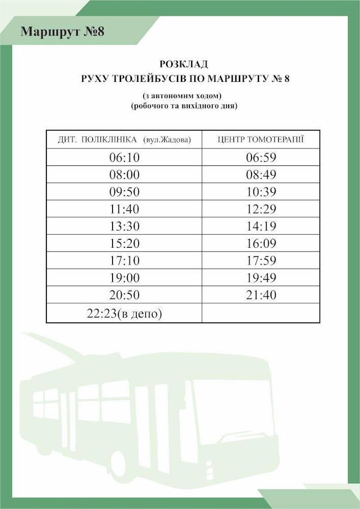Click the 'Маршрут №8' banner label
click(x=63, y=31)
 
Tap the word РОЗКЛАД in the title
click(x=184, y=64)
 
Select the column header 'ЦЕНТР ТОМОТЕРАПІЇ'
click(x=261, y=139)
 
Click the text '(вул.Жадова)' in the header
click(x=167, y=140)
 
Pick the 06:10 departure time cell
click(x=125, y=157)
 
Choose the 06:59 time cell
click(x=261, y=157)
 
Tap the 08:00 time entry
click(x=125, y=174)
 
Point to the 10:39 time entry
click(x=261, y=192)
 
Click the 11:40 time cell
click(x=125, y=209)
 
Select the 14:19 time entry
click(x=261, y=226)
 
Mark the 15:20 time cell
click(x=125, y=244)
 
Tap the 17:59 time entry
click(x=261, y=261)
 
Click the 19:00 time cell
click(x=125, y=278)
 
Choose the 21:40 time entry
click(x=261, y=295)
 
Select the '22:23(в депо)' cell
click(x=124, y=313)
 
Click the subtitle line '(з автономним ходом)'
click(x=184, y=96)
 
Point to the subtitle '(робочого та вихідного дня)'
click(x=184, y=107)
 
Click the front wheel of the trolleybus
click(x=118, y=463)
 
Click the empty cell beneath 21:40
click(x=261, y=313)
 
